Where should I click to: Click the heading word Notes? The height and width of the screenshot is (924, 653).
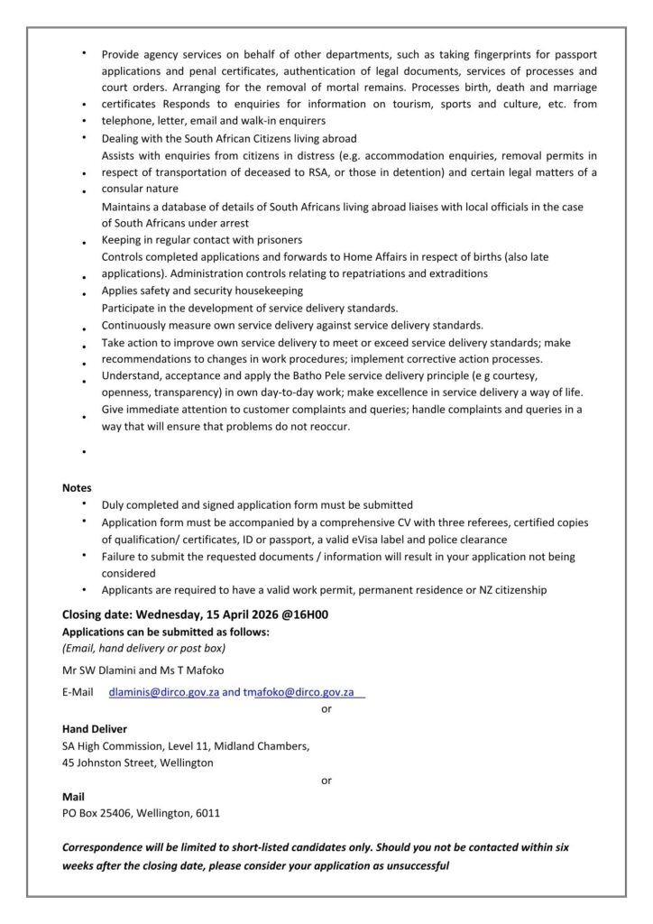(77, 487)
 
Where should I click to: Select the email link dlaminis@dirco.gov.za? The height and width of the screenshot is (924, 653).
(164, 692)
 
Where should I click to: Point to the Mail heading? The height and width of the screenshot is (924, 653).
(73, 797)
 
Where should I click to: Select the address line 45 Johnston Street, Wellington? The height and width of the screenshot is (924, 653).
(138, 762)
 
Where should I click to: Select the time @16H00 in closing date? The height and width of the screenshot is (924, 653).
(304, 615)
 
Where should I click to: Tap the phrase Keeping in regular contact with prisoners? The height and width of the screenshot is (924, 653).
(202, 240)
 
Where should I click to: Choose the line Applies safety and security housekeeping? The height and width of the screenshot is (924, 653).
(202, 291)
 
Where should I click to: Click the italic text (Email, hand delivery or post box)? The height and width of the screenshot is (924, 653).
(143, 648)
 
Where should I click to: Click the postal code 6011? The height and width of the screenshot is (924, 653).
(207, 813)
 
